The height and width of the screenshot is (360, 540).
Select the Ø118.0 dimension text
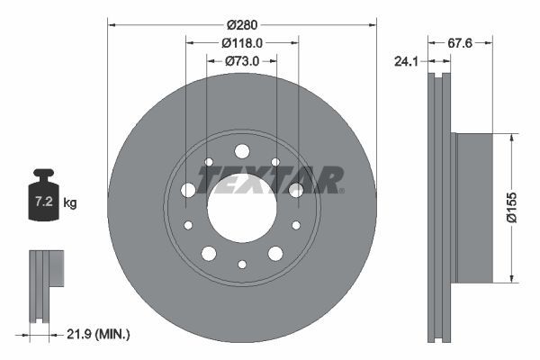click(x=241, y=42)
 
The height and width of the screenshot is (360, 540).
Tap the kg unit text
click(x=70, y=203)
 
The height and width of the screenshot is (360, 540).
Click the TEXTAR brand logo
click(x=270, y=179)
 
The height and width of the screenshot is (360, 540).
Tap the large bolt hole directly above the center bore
click(x=241, y=151)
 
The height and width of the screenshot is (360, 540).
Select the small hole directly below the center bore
click(x=241, y=264)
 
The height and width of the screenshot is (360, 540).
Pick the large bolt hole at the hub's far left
click(x=188, y=190)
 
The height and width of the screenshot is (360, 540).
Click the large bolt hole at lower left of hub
click(x=209, y=253)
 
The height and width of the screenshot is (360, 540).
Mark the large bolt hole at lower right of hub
click(x=274, y=253)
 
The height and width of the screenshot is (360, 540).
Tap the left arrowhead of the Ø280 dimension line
click(x=112, y=22)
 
